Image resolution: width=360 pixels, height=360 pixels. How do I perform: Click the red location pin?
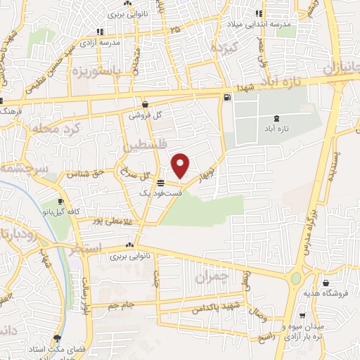181,165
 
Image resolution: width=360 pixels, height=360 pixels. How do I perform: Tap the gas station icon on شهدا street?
226,98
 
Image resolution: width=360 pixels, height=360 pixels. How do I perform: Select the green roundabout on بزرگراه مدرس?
295,279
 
